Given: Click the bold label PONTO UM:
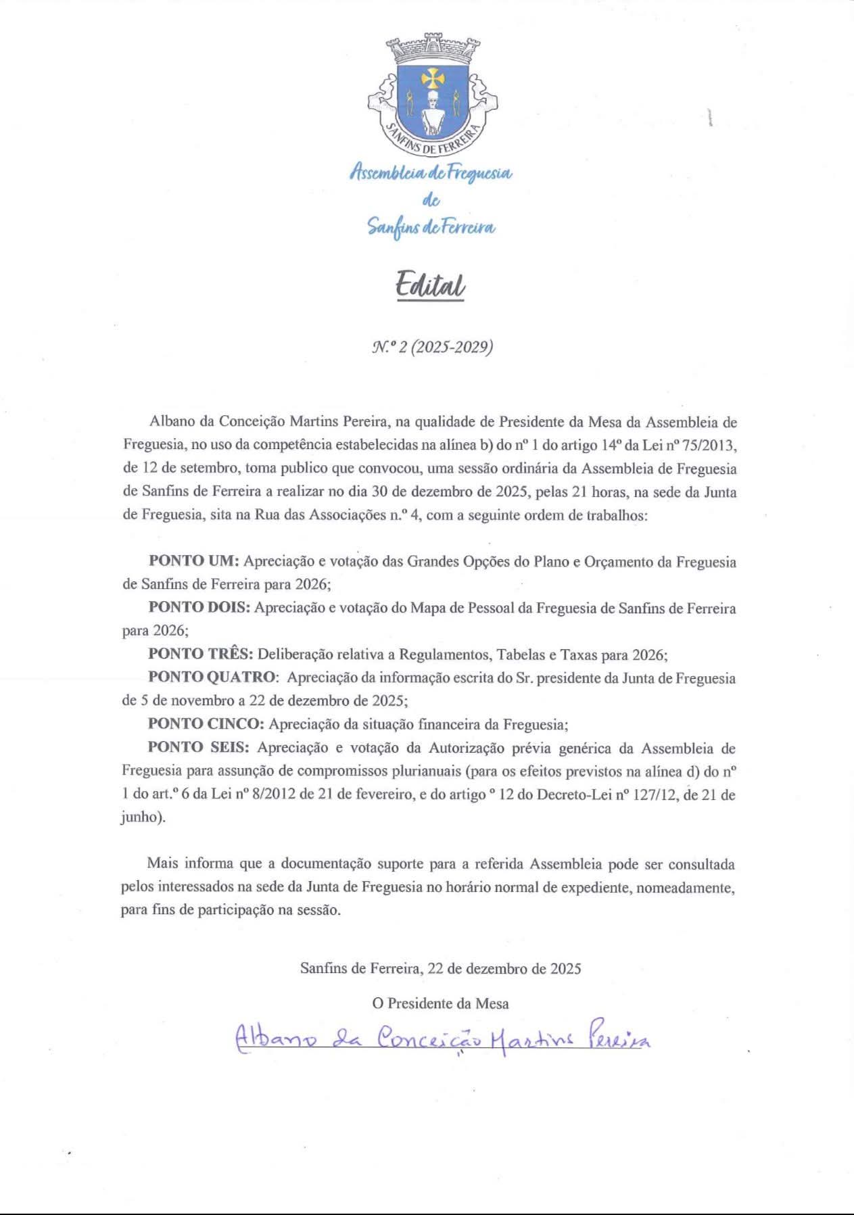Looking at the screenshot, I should pos(193,561).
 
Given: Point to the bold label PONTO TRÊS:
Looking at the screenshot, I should pos(201,654).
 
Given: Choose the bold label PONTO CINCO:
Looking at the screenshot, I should pos(206,724).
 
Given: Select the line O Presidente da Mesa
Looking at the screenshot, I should pos(440,1003).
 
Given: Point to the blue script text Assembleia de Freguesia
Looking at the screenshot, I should pos(431,174).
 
